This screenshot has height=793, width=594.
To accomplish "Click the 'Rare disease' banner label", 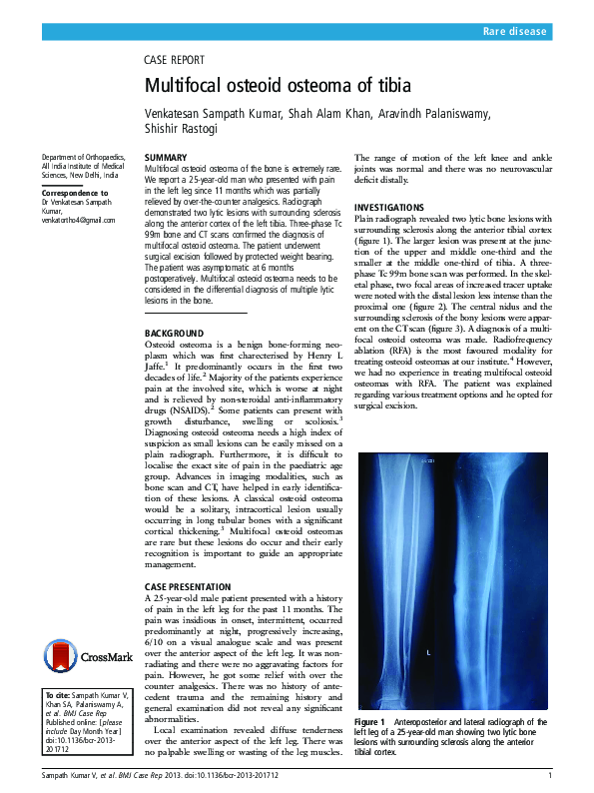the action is pos(514,32).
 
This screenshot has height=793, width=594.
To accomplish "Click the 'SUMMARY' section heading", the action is pos(165,158).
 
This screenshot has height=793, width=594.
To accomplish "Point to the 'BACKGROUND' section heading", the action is pos(174,332).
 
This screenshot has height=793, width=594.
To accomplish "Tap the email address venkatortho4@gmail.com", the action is pos(78,220).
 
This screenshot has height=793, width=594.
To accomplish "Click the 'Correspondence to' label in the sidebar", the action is pos(75,192).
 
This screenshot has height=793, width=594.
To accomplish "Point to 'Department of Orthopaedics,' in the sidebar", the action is pos(83,158).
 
